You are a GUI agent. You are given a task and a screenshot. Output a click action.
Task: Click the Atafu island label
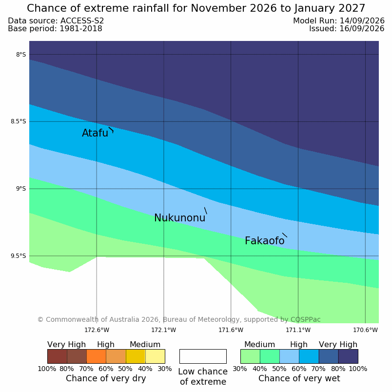[95, 133]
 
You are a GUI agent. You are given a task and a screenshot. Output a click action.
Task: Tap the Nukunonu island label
[180, 218]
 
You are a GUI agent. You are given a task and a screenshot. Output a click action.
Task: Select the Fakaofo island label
[264, 241]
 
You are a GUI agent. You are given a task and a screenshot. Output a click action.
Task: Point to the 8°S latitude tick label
[21, 55]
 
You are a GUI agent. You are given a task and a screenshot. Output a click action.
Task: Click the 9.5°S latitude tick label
[19, 256]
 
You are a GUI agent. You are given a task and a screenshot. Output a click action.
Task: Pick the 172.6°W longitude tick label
[97, 330]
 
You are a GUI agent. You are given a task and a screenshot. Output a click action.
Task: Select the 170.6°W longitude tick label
[365, 330]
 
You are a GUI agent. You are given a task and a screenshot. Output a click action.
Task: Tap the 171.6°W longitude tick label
[231, 330]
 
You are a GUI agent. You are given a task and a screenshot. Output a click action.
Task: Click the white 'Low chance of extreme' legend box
[203, 356]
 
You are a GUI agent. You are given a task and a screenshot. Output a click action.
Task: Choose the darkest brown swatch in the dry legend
[57, 356]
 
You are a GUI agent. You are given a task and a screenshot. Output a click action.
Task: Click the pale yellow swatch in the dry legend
[155, 356]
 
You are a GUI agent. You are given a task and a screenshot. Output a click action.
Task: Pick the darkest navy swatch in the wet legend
[348, 356]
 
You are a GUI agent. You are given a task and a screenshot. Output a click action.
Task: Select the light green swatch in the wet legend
[250, 356]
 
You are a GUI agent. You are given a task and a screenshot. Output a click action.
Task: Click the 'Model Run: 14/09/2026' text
[339, 21]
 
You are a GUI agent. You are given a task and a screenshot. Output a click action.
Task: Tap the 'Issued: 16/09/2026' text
[347, 28]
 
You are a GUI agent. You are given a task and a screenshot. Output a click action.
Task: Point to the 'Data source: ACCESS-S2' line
[56, 21]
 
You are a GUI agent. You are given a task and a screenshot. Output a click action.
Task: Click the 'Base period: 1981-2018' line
[55, 29]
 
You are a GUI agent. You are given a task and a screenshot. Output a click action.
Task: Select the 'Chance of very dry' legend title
[106, 378]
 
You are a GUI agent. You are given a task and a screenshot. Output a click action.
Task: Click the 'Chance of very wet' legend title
[299, 378]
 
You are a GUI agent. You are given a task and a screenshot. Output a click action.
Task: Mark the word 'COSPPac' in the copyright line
[306, 319]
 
